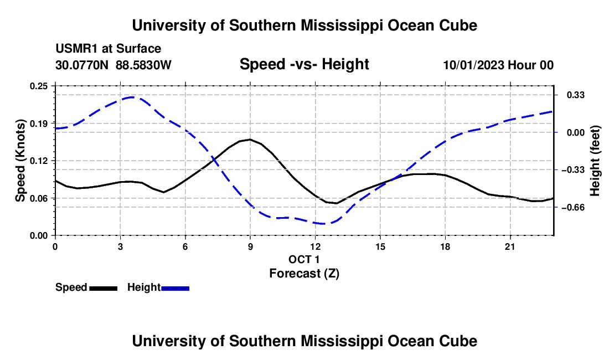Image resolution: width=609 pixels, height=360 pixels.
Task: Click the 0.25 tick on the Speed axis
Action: point(38,86)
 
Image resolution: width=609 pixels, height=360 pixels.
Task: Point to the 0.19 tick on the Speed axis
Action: point(38,124)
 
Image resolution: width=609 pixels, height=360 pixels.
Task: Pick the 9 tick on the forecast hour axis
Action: point(250,246)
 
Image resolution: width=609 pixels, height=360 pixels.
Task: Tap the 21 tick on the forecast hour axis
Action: point(510,246)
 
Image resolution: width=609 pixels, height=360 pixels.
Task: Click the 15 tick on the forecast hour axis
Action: point(380,246)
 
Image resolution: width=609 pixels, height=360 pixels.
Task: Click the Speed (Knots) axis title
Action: point(20,161)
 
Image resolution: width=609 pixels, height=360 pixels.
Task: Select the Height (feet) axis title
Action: point(595,161)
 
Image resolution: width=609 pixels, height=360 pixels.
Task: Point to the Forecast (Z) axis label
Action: point(304,274)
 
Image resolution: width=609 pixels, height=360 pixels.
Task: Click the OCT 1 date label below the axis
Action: point(304,259)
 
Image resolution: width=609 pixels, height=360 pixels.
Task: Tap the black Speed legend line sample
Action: point(104,288)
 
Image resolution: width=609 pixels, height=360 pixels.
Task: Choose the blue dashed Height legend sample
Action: point(175,288)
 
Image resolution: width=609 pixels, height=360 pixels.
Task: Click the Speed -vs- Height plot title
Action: point(304,64)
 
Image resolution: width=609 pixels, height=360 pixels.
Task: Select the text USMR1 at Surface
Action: point(109,49)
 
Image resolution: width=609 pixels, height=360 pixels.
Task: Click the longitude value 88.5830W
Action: point(143,65)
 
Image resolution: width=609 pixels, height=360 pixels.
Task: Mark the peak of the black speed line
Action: point(250,139)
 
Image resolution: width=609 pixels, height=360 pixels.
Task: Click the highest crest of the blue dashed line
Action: point(132,97)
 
